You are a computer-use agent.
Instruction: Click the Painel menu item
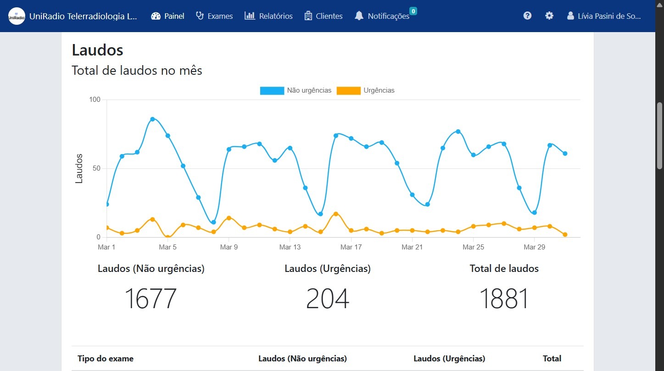[x=167, y=16]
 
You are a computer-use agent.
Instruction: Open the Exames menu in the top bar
[x=214, y=16]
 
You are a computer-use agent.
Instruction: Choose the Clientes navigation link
[x=324, y=16]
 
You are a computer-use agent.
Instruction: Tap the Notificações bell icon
[x=359, y=16]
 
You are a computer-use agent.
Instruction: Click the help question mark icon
[x=527, y=16]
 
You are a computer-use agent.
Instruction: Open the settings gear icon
[x=549, y=16]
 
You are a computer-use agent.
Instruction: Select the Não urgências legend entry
[x=296, y=90]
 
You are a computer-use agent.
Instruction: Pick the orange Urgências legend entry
[x=366, y=90]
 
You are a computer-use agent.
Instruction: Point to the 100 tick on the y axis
[x=95, y=100]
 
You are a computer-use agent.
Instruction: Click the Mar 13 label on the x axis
[x=290, y=247]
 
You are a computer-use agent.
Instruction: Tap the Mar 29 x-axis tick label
[x=534, y=247]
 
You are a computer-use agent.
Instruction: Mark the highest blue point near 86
[x=152, y=119]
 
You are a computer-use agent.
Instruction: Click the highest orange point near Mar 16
[x=336, y=214]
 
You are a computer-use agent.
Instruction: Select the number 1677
[x=151, y=299]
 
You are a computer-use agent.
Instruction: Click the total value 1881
[x=504, y=299]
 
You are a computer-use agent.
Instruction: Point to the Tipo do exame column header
[x=106, y=359]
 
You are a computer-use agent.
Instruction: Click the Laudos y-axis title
[x=79, y=168]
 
